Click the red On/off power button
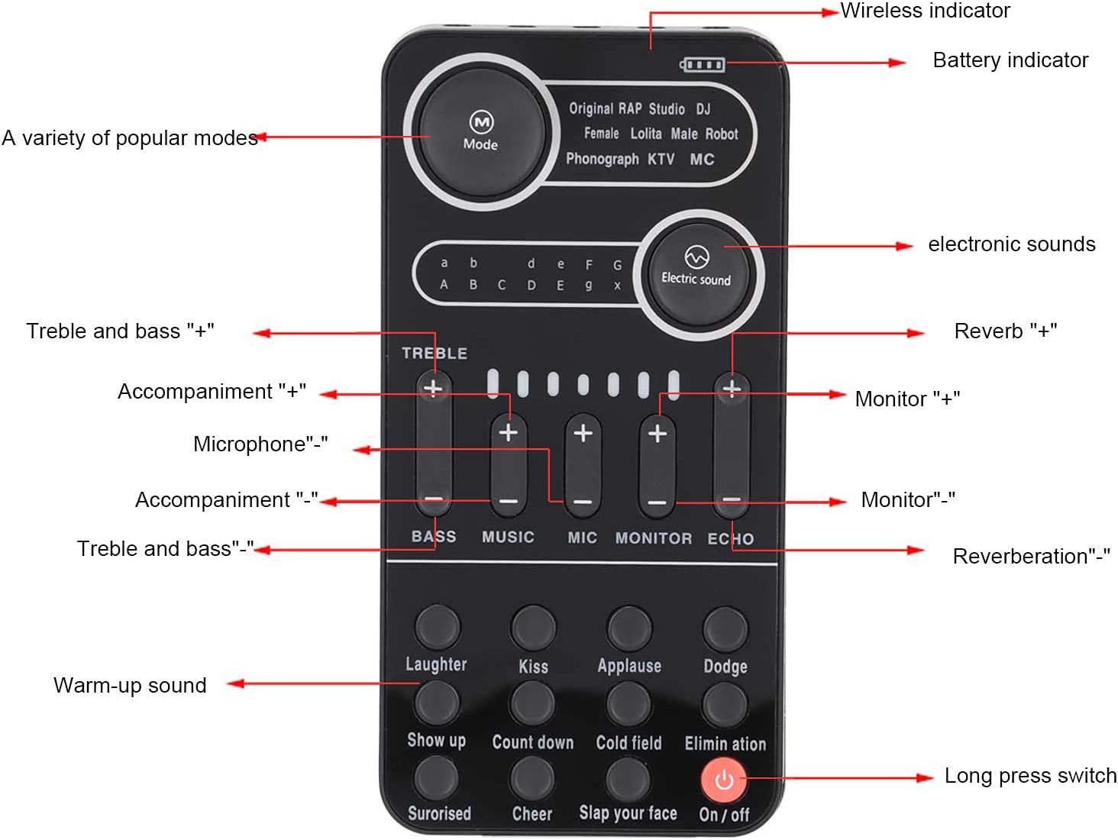pos(722,780)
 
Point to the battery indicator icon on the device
pos(703,64)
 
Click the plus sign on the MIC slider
pos(583,433)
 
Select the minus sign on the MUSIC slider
pos(508,502)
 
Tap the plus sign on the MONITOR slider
pos(657,434)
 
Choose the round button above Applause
pos(629,628)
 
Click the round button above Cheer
pos(532,777)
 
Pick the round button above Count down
pos(532,703)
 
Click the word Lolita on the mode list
pos(645,134)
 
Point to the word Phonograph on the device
pos(602,159)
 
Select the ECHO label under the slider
pos(730,538)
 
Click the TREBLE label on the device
pos(434,353)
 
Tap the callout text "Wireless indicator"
pos(925,11)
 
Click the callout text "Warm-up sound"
pos(130,685)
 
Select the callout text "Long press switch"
pos(1030,775)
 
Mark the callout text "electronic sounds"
pos(1011,244)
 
